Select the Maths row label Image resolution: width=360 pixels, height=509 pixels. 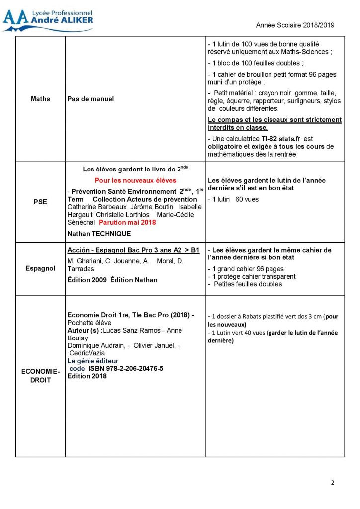coord(40,99)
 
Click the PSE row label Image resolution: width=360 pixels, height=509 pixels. coord(40,202)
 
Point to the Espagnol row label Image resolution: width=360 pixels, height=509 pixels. coord(40,268)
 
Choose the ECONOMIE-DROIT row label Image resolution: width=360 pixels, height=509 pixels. coord(40,376)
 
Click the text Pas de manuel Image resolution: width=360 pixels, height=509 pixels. coord(90,99)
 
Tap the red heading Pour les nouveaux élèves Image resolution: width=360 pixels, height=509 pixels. coord(135,180)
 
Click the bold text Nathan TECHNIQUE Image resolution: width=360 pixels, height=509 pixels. coord(99,234)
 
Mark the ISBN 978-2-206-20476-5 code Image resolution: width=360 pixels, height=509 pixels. coord(126,368)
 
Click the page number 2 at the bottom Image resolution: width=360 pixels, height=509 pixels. coord(333,483)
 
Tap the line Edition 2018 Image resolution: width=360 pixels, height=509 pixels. coord(87,376)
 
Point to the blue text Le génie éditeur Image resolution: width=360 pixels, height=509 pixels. coord(93,361)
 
